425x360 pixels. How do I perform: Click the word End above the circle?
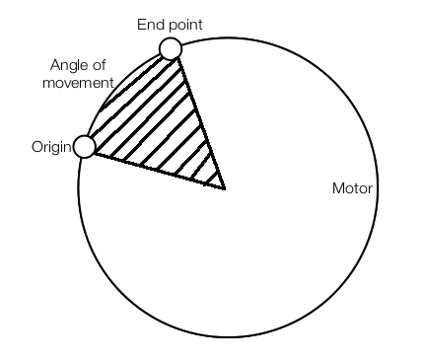click(x=148, y=22)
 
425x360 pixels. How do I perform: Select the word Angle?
click(x=68, y=66)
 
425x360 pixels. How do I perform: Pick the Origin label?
click(x=51, y=147)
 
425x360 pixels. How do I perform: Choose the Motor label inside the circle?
click(x=352, y=187)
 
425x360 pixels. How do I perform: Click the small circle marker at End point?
click(x=170, y=48)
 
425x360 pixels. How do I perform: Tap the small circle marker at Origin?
click(x=85, y=147)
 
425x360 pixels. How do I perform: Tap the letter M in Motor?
click(x=337, y=187)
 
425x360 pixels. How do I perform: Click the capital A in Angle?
click(x=54, y=66)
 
